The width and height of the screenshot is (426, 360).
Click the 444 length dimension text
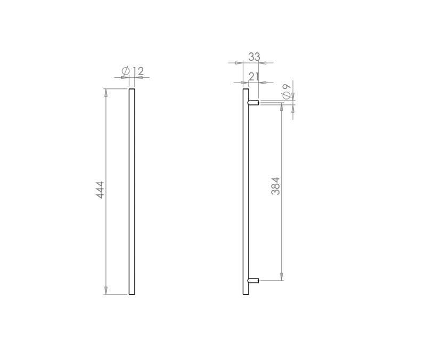coord(101,190)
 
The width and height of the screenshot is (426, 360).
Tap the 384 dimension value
coord(275,186)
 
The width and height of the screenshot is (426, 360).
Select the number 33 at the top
coord(255,57)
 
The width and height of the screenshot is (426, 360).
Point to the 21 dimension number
coord(254,77)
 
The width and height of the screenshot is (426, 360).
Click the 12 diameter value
coord(139,71)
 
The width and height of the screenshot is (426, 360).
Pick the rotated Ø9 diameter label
coord(286,91)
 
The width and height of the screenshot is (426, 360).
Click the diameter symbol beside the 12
coord(126,71)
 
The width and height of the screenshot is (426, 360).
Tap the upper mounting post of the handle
coord(253,103)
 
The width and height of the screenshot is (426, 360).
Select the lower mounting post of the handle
coord(253,281)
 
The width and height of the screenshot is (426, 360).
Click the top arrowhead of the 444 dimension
coord(106,92)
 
